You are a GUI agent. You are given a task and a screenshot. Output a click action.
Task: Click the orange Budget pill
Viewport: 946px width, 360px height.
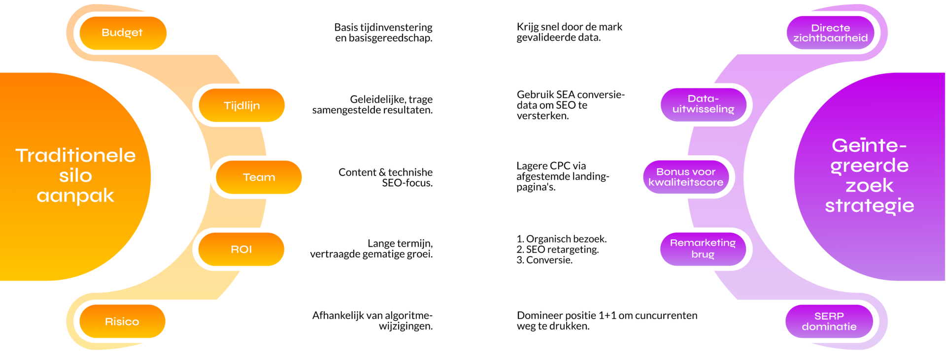pyautogui.click(x=123, y=33)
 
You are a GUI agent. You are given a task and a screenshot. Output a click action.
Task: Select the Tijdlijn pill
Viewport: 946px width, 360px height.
pyautogui.click(x=241, y=105)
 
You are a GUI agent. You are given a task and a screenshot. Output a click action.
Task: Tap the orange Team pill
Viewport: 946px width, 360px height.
pyautogui.click(x=259, y=177)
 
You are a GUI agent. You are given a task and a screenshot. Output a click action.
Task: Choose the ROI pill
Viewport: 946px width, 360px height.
pyautogui.click(x=241, y=249)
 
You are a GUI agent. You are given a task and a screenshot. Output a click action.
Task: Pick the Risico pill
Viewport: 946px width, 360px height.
pyautogui.click(x=122, y=321)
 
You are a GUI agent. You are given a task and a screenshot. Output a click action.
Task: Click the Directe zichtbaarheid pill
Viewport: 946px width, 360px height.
pyautogui.click(x=830, y=33)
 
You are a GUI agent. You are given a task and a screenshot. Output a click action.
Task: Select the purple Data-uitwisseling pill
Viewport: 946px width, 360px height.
pyautogui.click(x=703, y=104)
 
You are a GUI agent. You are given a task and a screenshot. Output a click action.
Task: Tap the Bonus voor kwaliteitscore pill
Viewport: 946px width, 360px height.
pyautogui.click(x=686, y=177)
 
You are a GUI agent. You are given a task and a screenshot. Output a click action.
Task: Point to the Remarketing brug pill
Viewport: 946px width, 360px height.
pyautogui.click(x=703, y=249)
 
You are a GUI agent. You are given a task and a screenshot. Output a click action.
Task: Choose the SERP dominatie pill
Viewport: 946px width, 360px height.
pyautogui.click(x=829, y=321)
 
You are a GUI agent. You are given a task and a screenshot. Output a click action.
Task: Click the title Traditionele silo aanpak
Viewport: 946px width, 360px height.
pyautogui.click(x=75, y=176)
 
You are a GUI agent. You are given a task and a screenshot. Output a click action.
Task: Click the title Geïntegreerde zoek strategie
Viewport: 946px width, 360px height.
pyautogui.click(x=870, y=175)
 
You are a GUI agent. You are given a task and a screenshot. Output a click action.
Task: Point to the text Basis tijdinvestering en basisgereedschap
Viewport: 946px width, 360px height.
pyautogui.click(x=383, y=33)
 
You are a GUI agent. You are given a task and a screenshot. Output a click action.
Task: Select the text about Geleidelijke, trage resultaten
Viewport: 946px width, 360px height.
pyautogui.click(x=372, y=104)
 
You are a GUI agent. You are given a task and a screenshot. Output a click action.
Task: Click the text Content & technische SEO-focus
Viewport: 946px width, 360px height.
pyautogui.click(x=385, y=177)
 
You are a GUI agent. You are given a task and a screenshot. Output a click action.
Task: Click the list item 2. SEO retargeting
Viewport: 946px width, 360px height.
pyautogui.click(x=558, y=249)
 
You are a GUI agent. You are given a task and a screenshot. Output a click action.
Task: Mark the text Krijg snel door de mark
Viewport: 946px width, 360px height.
pyautogui.click(x=570, y=27)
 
